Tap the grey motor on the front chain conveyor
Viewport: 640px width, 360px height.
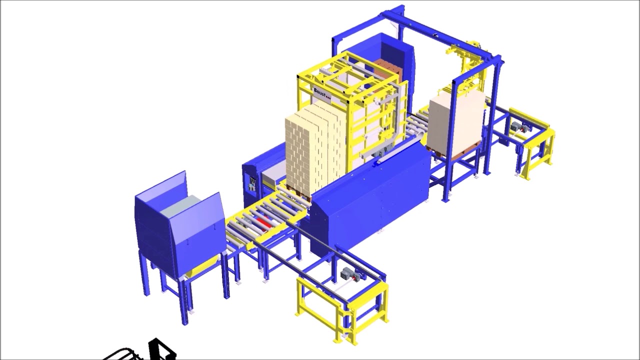tap(346, 274)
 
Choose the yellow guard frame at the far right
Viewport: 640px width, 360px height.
tap(537, 150)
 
